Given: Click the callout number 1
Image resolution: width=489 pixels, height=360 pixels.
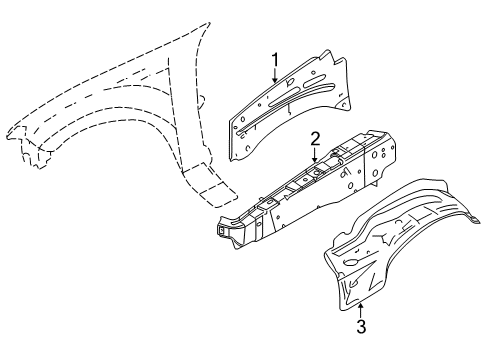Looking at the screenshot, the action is pyautogui.click(x=275, y=61).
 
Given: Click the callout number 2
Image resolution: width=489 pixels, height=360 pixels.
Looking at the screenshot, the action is pyautogui.click(x=315, y=139).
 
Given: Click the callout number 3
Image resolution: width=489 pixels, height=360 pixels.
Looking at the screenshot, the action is pyautogui.click(x=361, y=326).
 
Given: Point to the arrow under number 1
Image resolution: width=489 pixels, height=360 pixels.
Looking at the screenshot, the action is pyautogui.click(x=275, y=76).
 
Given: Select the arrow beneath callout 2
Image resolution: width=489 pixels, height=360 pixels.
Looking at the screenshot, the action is pyautogui.click(x=315, y=155).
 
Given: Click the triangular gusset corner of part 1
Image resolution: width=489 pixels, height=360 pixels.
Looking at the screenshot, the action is pyautogui.click(x=344, y=103).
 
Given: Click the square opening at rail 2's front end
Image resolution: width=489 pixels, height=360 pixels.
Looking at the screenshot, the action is pyautogui.click(x=221, y=230).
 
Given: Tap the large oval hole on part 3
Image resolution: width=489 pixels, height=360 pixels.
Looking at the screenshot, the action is pyautogui.click(x=350, y=262).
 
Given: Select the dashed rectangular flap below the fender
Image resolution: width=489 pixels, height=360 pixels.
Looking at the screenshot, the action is pyautogui.click(x=210, y=185).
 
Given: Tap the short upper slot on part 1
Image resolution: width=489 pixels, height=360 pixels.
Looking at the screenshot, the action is pyautogui.click(x=314, y=81).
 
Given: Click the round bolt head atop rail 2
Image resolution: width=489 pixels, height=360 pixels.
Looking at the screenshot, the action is pyautogui.click(x=334, y=154).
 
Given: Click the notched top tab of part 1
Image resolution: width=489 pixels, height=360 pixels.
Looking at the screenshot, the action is pyautogui.click(x=332, y=57).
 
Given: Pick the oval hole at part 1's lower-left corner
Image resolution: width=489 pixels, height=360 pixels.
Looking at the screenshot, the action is pyautogui.click(x=248, y=148).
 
